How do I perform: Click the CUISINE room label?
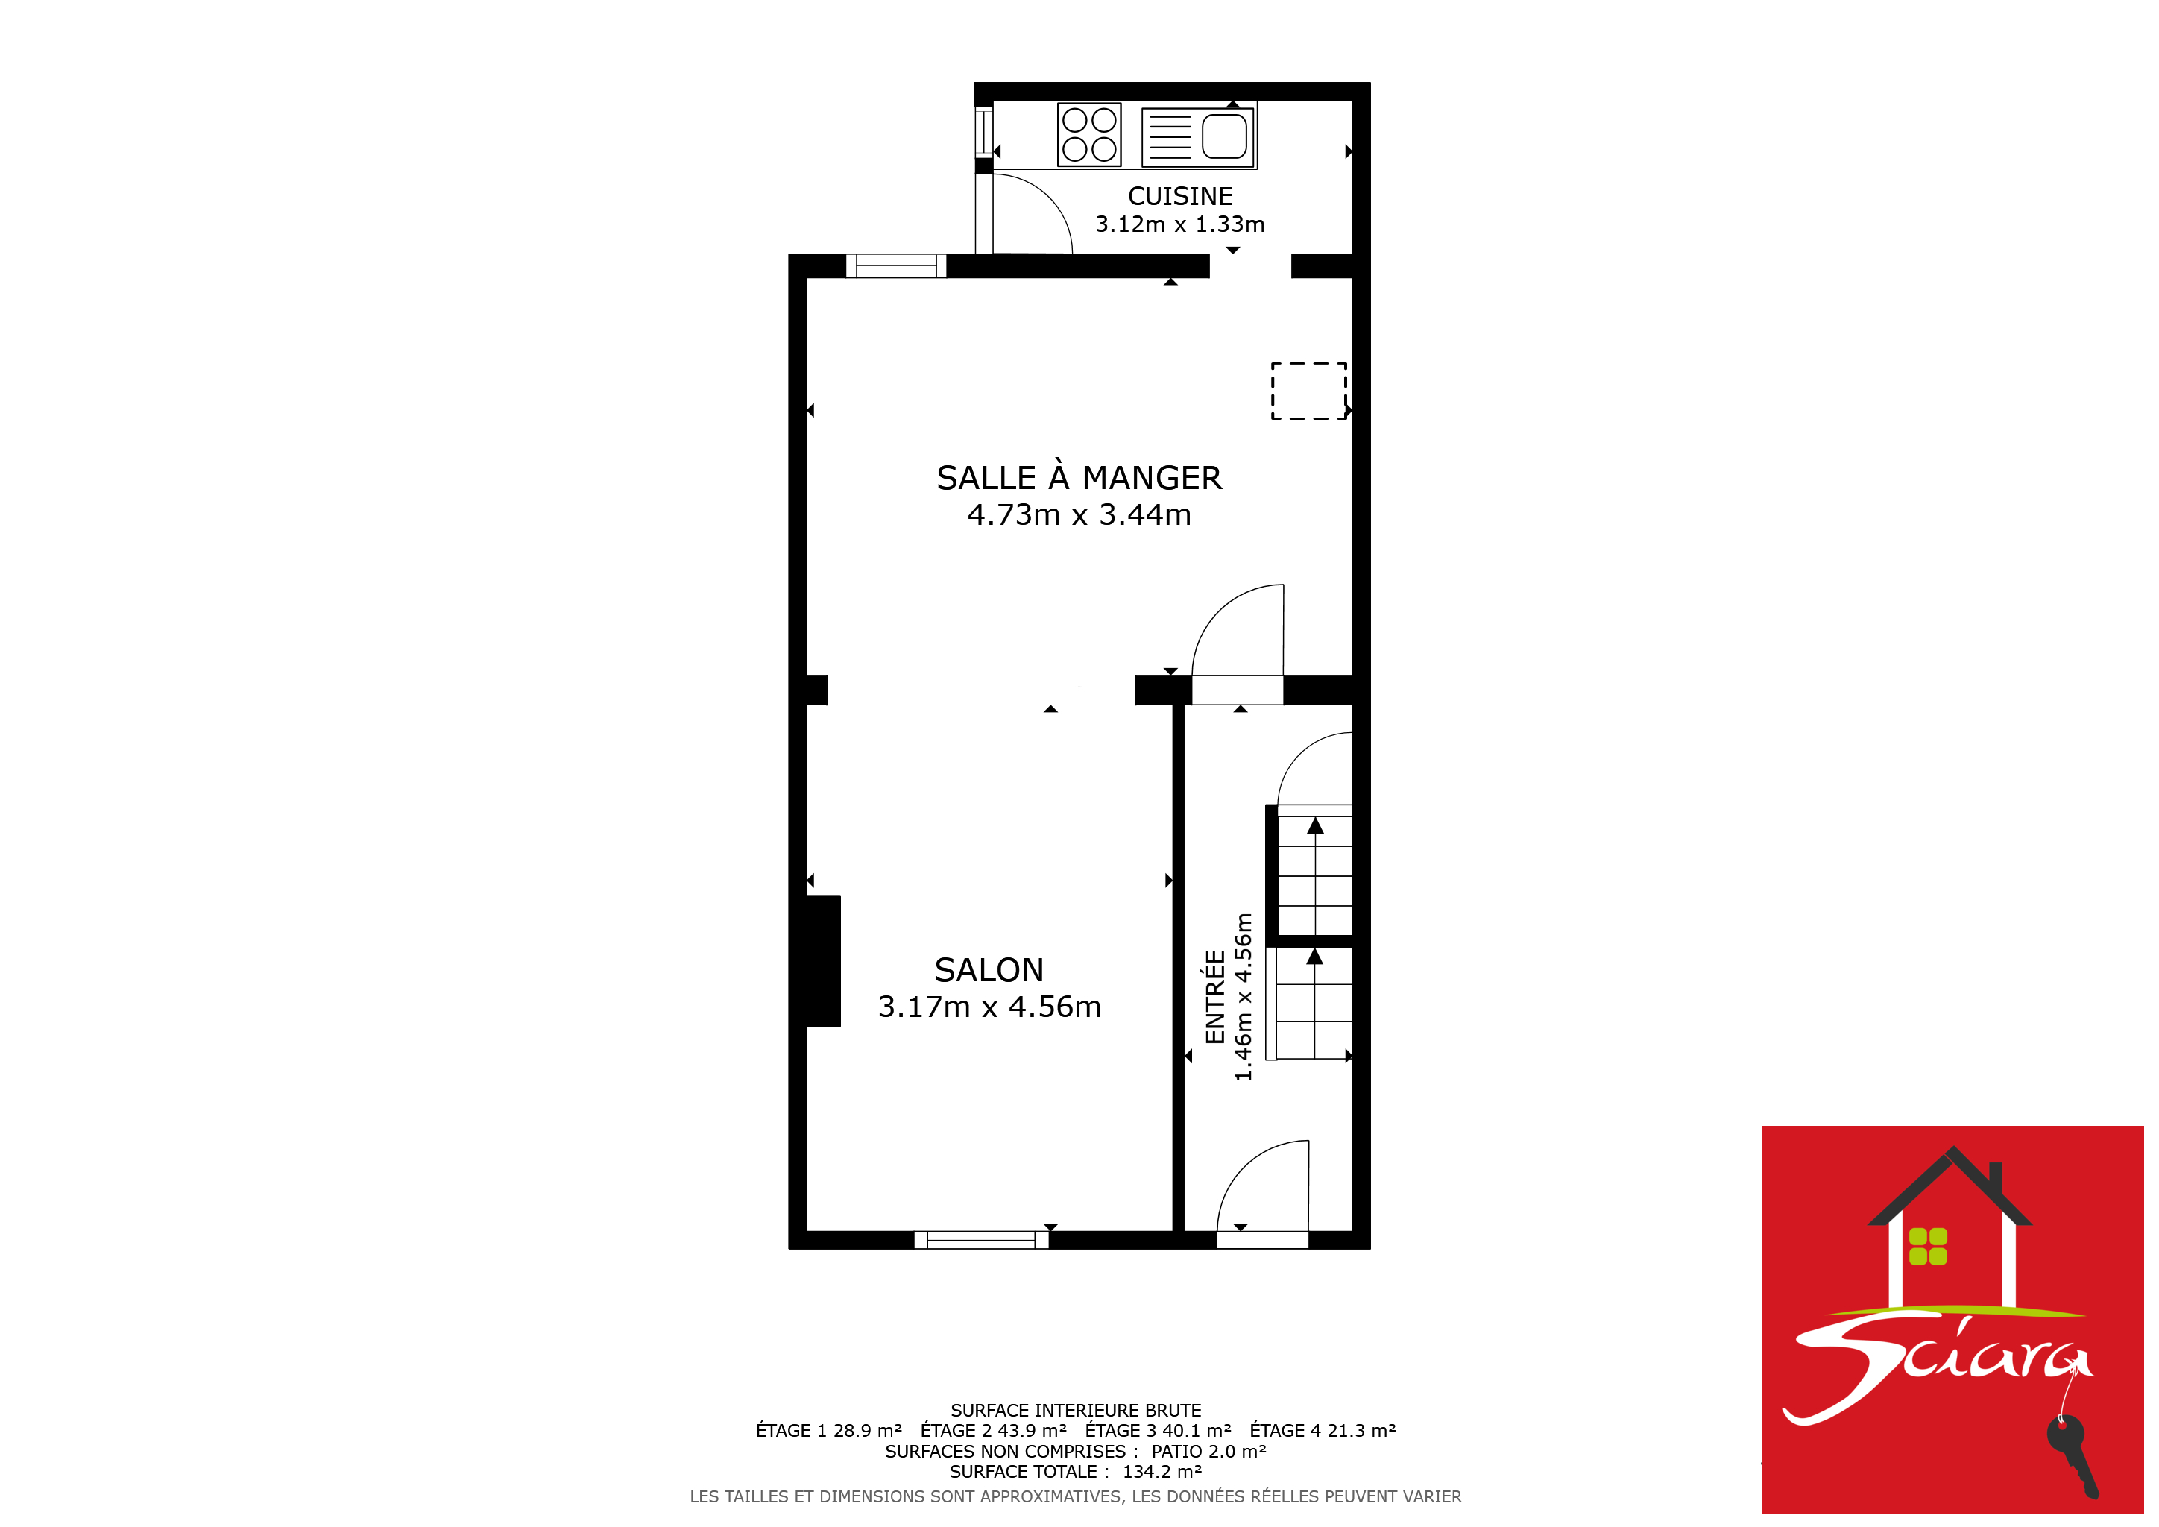(1180, 197)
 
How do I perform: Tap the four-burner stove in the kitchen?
(1089, 134)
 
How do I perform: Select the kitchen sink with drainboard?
(1198, 137)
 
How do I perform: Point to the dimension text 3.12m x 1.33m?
(1180, 224)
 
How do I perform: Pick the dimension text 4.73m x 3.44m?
(1079, 515)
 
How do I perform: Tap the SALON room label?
(989, 969)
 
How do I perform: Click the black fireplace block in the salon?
(823, 961)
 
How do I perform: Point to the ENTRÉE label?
(1215, 997)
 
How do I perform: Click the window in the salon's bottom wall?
(981, 1240)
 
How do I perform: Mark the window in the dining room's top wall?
(896, 266)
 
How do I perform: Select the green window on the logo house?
(1929, 1247)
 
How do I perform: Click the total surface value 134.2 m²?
(1162, 1472)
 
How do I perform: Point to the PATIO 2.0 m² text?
(1208, 1451)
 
